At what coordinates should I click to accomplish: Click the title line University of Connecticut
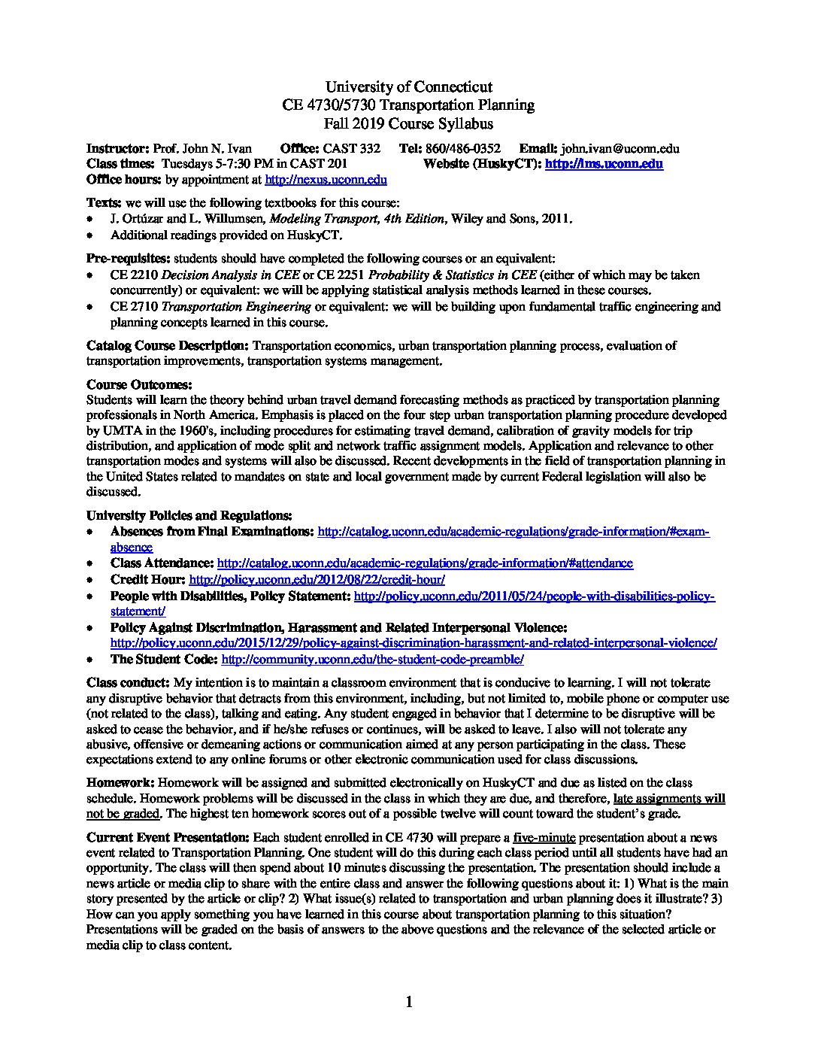pyautogui.click(x=409, y=87)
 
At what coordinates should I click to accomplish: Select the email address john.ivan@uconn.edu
pyautogui.click(x=620, y=149)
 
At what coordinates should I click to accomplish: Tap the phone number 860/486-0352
pyautogui.click(x=462, y=149)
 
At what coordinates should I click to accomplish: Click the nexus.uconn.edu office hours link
pyautogui.click(x=326, y=180)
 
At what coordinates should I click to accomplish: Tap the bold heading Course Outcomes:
pyautogui.click(x=139, y=384)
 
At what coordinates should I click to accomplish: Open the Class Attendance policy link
pyautogui.click(x=424, y=563)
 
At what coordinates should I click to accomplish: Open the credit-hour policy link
pyautogui.click(x=317, y=579)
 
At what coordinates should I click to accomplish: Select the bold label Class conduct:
pyautogui.click(x=129, y=682)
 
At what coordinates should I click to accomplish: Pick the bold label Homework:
pyautogui.click(x=120, y=783)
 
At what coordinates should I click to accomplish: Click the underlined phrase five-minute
pyautogui.click(x=544, y=837)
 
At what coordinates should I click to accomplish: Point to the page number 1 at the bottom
pyautogui.click(x=409, y=1001)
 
